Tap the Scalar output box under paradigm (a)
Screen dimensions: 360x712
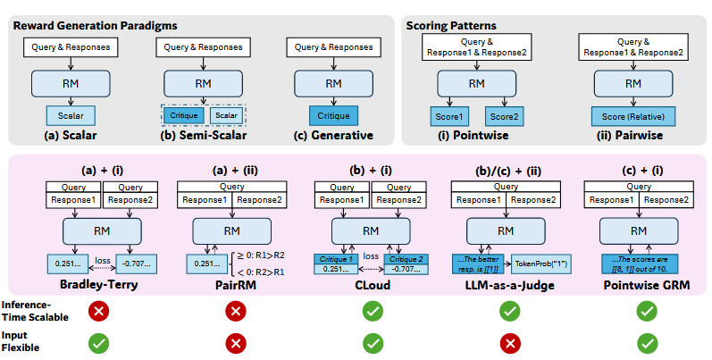pyautogui.click(x=71, y=115)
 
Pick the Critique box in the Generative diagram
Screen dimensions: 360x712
pyautogui.click(x=333, y=115)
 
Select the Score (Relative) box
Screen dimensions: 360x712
pyautogui.click(x=633, y=115)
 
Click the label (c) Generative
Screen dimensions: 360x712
pyautogui.click(x=333, y=136)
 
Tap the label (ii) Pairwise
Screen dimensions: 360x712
pyautogui.click(x=633, y=136)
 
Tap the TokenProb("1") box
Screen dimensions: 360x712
pyautogui.click(x=541, y=264)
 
